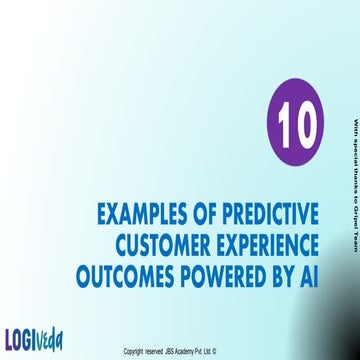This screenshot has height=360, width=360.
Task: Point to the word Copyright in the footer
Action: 133,352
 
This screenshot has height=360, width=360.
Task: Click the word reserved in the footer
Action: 156,352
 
